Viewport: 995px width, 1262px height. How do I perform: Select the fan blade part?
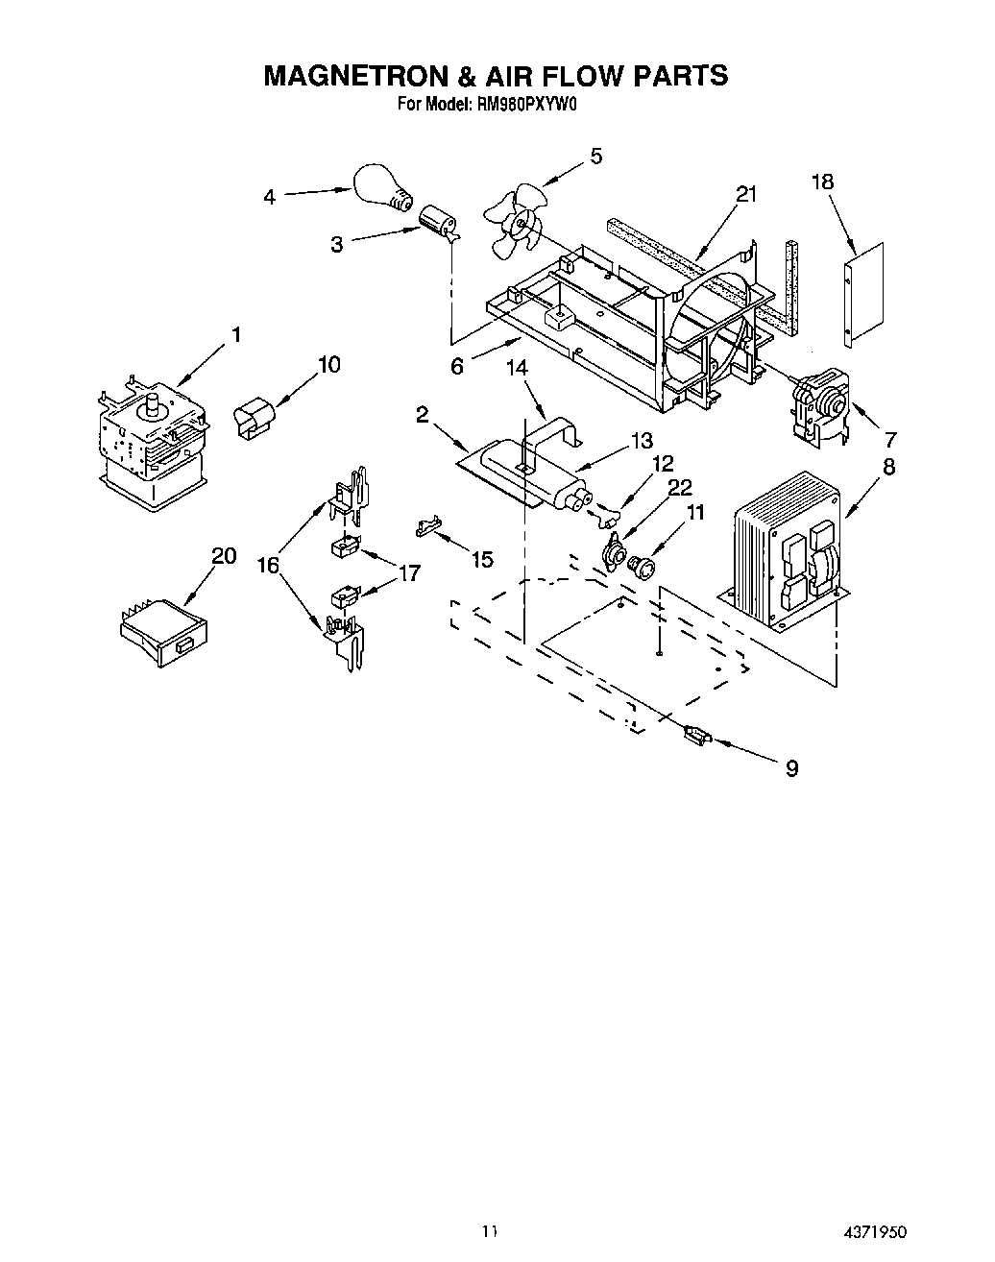coord(514,224)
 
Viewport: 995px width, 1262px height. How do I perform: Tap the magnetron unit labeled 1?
coord(151,438)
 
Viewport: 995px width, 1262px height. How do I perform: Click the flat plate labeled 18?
coord(863,295)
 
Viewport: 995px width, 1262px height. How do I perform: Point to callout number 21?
coord(746,194)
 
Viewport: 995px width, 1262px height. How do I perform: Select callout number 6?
coord(457,366)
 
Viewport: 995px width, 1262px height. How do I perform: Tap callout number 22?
coord(680,487)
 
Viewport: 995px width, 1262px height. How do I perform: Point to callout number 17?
coord(409,573)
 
